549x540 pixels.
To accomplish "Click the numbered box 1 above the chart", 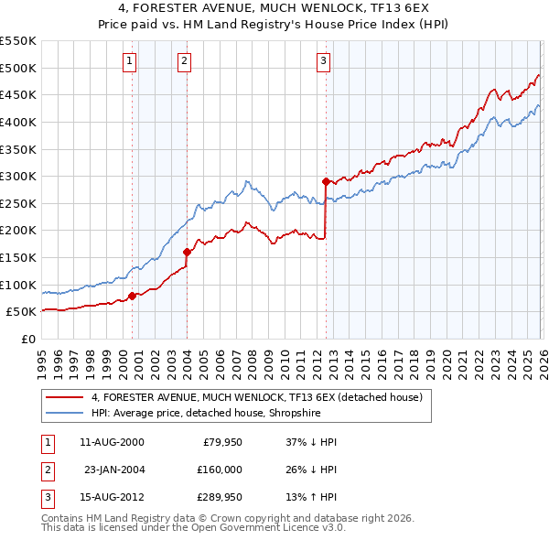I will [x=129, y=61].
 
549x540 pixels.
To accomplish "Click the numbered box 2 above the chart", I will [x=184, y=61].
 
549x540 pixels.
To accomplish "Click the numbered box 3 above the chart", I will [x=324, y=61].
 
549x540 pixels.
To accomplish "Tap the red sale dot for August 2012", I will [x=326, y=181].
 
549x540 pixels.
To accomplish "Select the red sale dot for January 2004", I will [x=187, y=252].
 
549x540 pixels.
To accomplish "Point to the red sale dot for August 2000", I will [x=132, y=295].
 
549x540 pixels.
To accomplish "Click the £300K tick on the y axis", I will [x=18, y=176].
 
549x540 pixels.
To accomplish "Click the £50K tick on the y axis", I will [x=22, y=311].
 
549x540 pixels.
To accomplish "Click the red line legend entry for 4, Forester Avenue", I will [x=256, y=397].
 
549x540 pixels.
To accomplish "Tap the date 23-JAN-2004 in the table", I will [x=114, y=470].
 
